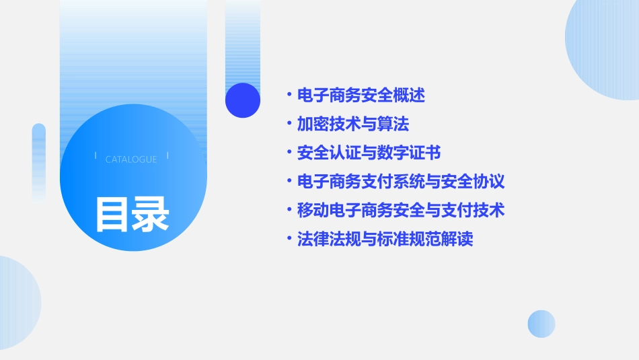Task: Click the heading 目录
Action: (x=132, y=214)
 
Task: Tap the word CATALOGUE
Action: (x=131, y=159)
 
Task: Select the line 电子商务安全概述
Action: (x=361, y=96)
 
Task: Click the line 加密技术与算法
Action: (x=353, y=124)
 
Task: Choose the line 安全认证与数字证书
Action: (x=369, y=153)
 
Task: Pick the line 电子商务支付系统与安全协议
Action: (x=401, y=182)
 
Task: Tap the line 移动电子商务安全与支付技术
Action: (x=401, y=211)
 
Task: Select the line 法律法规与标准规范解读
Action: (x=385, y=240)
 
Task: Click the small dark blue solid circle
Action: (x=243, y=100)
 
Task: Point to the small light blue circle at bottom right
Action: (x=541, y=324)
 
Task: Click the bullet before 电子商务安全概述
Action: (x=289, y=96)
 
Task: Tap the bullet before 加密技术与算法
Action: (x=289, y=124)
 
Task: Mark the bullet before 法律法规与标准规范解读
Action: (x=289, y=240)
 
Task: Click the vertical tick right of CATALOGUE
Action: (x=167, y=156)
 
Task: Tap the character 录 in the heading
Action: (x=151, y=214)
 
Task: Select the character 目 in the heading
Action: (x=112, y=214)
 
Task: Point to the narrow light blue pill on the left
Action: (x=39, y=161)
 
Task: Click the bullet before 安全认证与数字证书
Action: (x=289, y=153)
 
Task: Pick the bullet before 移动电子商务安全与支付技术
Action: (x=289, y=211)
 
